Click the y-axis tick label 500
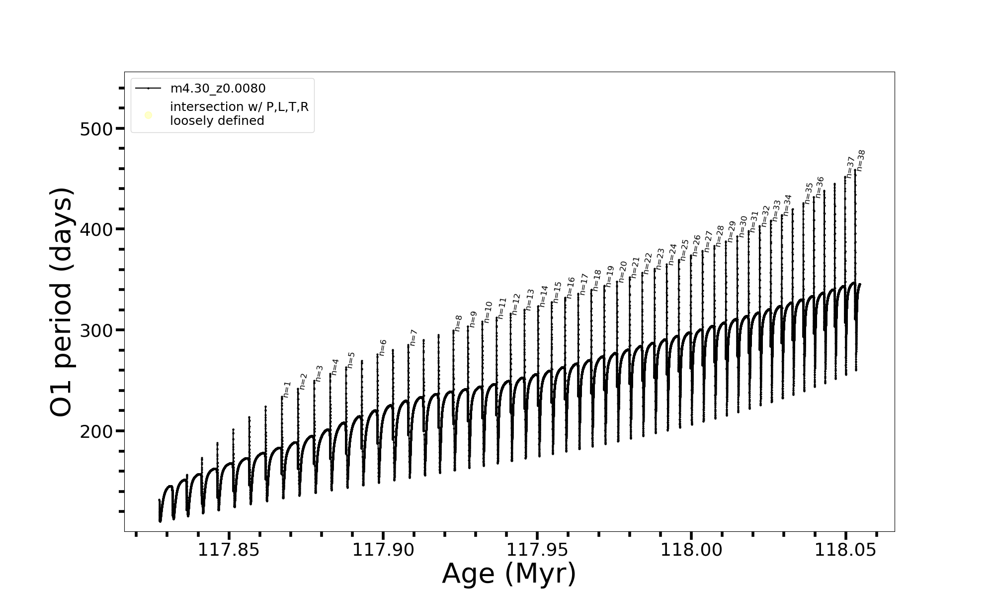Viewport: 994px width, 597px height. [96, 129]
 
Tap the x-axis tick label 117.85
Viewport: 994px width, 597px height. [229, 550]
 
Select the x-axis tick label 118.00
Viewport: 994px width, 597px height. [691, 550]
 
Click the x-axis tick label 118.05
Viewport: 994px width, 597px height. [845, 550]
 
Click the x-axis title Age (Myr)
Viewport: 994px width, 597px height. [509, 574]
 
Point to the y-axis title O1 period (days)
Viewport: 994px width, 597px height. [62, 302]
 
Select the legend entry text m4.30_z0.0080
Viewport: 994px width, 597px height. [218, 89]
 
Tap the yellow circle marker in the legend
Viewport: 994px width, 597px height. [148, 115]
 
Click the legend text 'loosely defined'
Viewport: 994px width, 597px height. [217, 121]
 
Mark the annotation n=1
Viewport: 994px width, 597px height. [287, 389]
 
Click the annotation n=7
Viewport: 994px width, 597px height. [413, 337]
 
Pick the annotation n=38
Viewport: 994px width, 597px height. [861, 160]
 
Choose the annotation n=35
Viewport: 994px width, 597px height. [809, 193]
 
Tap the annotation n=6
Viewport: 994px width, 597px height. [382, 348]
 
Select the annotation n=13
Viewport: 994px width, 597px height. [530, 299]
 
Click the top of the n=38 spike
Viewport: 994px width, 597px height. [855, 171]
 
